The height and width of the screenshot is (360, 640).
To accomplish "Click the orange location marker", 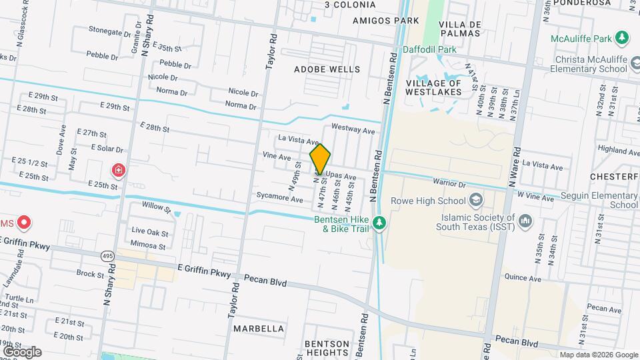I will click(321, 159).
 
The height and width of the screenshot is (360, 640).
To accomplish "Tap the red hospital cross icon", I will click(119, 171).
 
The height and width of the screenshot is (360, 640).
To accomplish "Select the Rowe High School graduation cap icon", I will click(476, 199).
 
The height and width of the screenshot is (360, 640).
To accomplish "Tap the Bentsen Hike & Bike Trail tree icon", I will click(379, 223).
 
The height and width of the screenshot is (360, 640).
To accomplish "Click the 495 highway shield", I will click(108, 255).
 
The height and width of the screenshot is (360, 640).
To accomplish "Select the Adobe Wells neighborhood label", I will click(327, 69).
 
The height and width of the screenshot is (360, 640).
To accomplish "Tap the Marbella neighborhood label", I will click(259, 329).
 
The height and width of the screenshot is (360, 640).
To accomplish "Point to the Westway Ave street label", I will click(353, 130).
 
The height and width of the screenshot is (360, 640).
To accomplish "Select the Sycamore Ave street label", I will click(280, 199).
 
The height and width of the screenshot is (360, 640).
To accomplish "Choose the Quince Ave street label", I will click(523, 279).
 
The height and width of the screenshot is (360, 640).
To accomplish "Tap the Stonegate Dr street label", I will click(110, 31).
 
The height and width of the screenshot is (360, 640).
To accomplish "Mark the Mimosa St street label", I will click(149, 245).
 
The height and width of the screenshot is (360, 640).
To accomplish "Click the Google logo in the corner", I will click(22, 351).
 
